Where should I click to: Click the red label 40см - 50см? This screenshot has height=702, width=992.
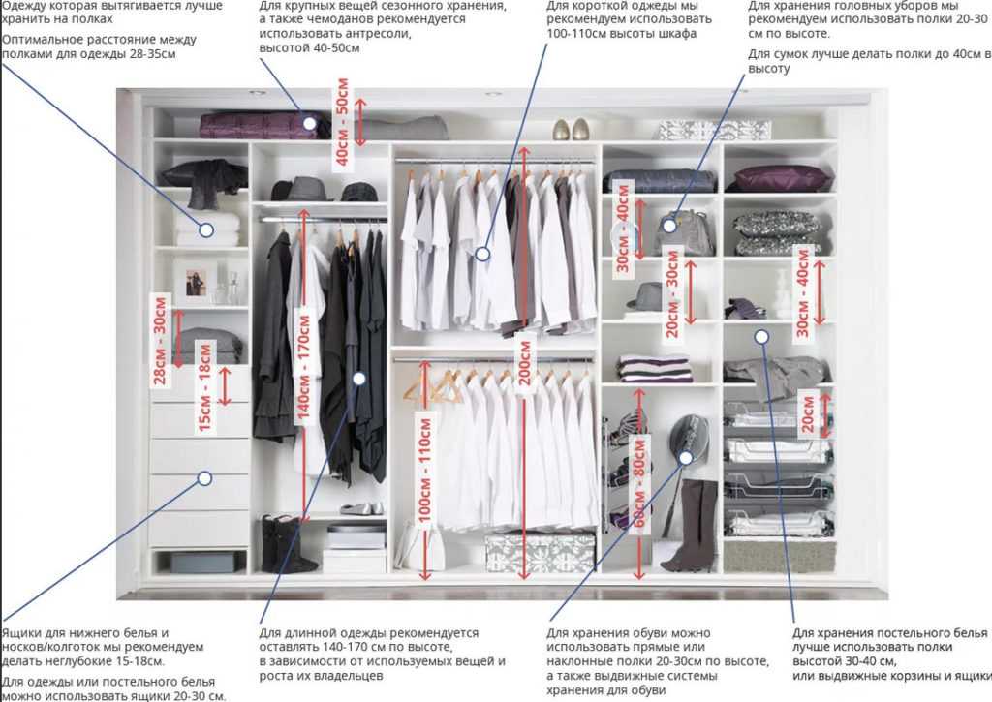pyautogui.click(x=342, y=122)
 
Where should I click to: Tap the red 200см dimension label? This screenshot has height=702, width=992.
pyautogui.click(x=524, y=362)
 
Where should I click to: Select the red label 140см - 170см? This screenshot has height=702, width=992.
pyautogui.click(x=303, y=367)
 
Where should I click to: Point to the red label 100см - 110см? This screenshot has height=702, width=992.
pyautogui.click(x=425, y=470)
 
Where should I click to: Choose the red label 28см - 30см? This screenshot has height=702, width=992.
pyautogui.click(x=160, y=340)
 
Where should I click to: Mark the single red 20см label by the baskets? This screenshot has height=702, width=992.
pyautogui.click(x=808, y=413)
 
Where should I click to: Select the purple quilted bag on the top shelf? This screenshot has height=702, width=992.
pyautogui.click(x=263, y=125)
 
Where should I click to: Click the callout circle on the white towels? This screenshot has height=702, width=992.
pyautogui.click(x=206, y=229)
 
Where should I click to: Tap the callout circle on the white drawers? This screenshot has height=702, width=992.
pyautogui.click(x=204, y=478)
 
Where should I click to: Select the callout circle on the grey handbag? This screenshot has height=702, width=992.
pyautogui.click(x=669, y=225)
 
